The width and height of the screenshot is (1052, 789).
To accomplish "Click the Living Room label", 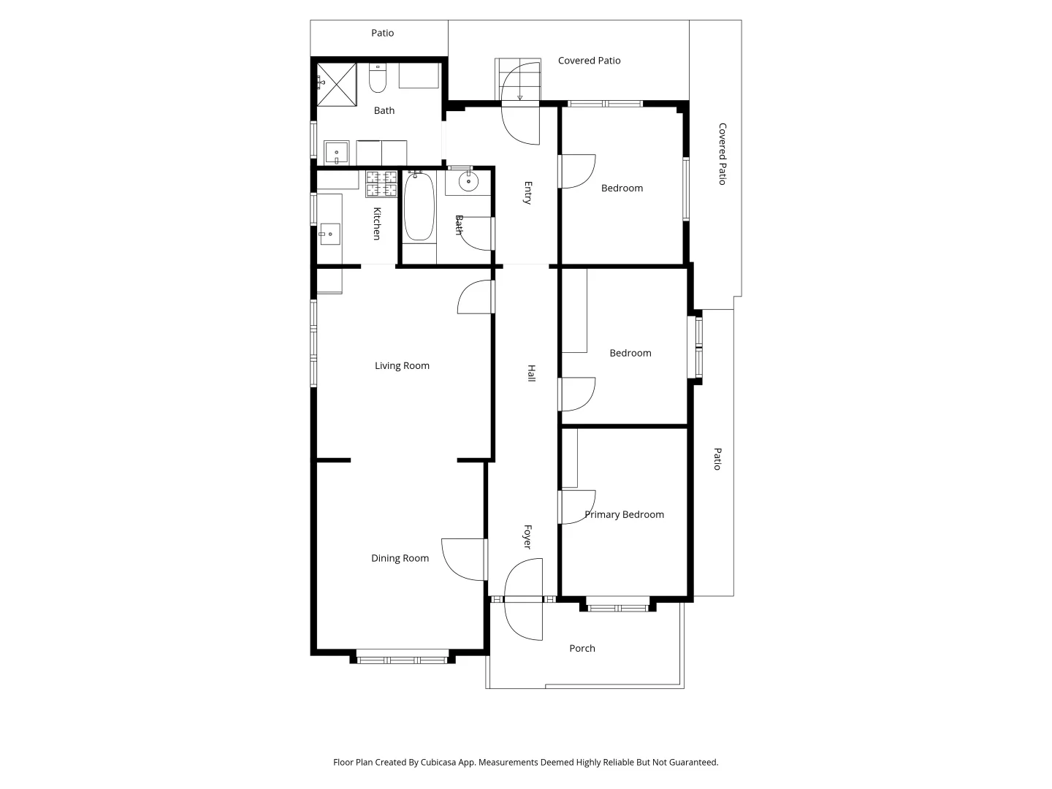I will [x=402, y=366].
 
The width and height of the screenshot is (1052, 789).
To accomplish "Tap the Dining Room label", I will [x=400, y=558].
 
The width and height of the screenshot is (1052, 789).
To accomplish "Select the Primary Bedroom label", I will [x=624, y=514].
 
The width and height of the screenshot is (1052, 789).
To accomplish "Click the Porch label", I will [x=582, y=648].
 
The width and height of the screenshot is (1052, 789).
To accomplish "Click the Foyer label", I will [x=527, y=537].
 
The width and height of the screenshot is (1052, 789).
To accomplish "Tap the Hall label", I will [x=532, y=373].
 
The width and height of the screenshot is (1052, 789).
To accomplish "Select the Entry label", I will [x=527, y=193].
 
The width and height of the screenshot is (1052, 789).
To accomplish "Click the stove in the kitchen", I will [x=381, y=184].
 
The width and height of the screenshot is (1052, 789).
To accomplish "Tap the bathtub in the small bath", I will [x=419, y=207].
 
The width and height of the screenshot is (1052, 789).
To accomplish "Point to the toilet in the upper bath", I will [x=377, y=79].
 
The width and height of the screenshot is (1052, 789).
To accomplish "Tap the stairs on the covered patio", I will [x=518, y=79].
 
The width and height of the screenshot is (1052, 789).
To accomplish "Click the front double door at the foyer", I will [x=523, y=599].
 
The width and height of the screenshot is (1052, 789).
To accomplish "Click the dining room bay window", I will [x=402, y=660].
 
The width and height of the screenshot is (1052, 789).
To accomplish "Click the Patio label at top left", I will [x=382, y=33].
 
